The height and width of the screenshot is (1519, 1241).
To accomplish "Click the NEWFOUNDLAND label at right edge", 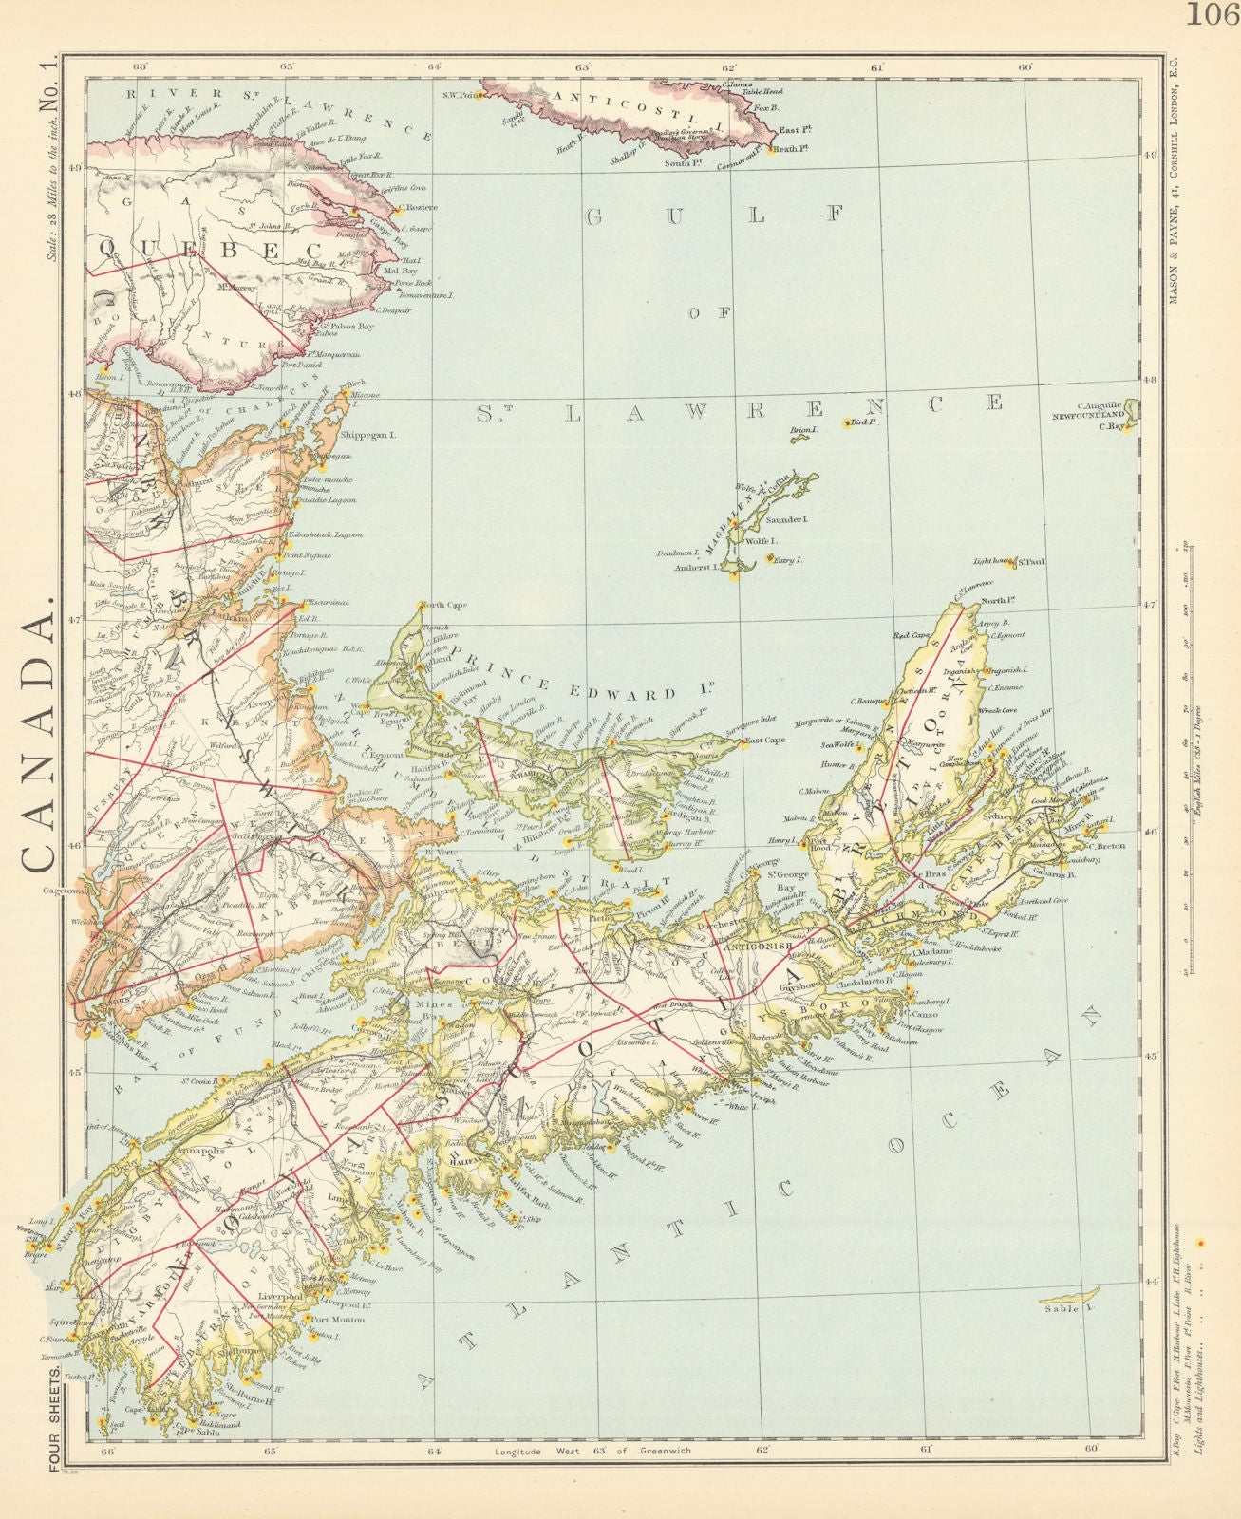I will [x=1087, y=415].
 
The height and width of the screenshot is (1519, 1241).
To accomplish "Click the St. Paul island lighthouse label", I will [x=1030, y=562].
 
